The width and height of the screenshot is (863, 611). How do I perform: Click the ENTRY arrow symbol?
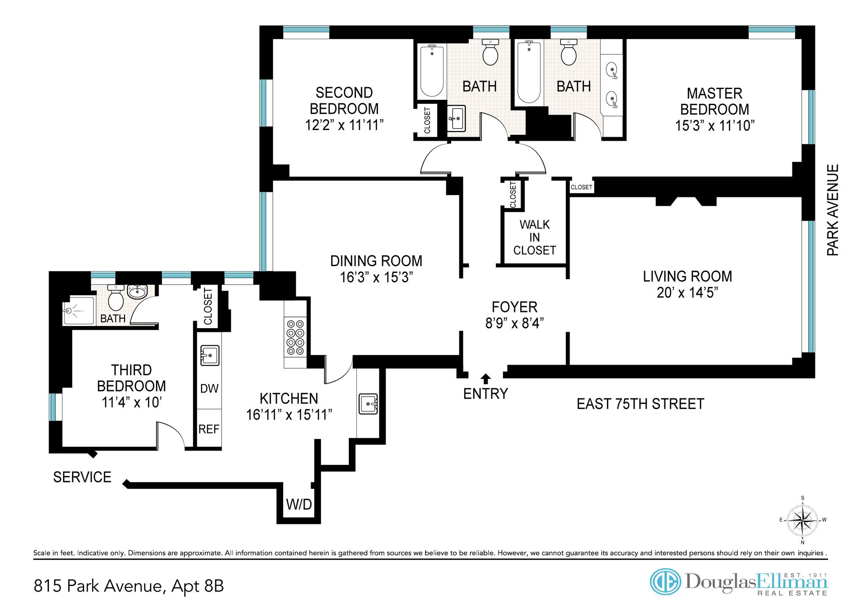click(486, 378)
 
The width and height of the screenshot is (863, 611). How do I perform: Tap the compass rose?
click(803, 520)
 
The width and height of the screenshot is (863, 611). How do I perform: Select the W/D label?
click(299, 504)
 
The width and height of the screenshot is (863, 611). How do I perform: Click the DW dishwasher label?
click(209, 388)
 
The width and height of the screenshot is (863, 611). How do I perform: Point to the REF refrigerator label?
click(209, 429)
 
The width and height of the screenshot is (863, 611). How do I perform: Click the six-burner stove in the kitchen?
click(295, 337)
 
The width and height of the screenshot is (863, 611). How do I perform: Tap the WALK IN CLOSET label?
click(534, 237)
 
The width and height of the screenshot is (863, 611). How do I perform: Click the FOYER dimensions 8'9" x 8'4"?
click(515, 323)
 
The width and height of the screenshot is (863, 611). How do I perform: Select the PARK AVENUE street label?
click(833, 210)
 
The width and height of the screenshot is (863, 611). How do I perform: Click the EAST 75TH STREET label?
click(640, 404)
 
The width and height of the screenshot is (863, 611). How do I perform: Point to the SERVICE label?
click(82, 477)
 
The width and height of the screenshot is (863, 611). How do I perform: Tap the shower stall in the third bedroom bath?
click(79, 310)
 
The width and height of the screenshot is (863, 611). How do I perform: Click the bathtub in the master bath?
click(529, 72)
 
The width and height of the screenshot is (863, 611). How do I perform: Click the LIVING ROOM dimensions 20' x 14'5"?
click(687, 292)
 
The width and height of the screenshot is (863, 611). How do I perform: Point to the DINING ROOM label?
click(376, 261)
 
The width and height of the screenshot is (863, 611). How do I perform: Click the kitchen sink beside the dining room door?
click(368, 403)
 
